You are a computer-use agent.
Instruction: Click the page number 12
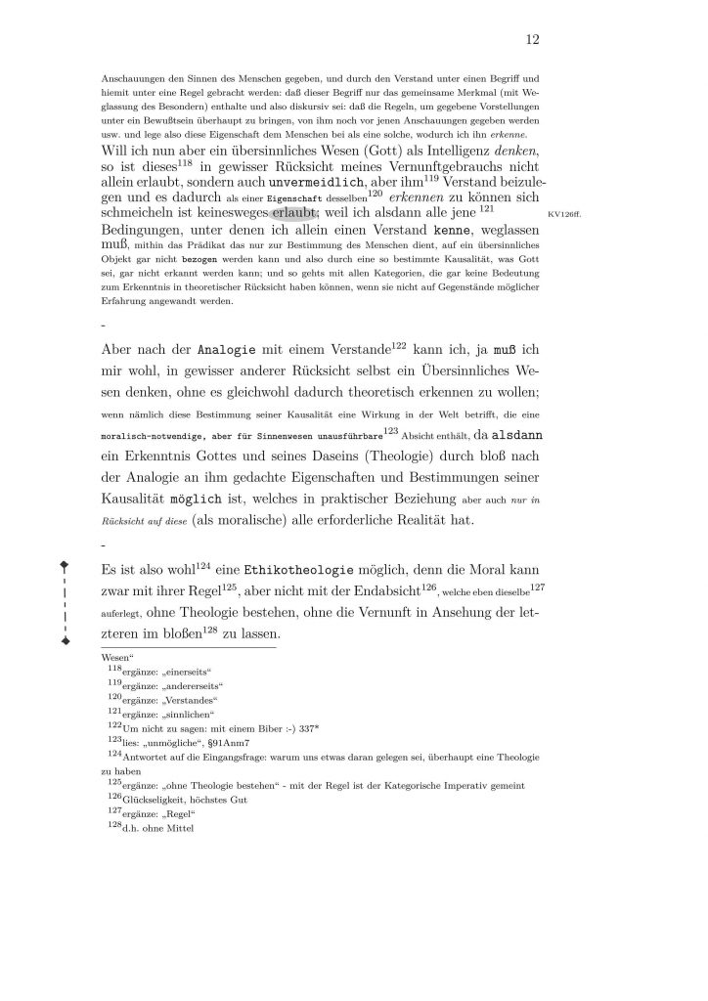tap(533, 40)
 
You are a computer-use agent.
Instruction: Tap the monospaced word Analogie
tap(231, 349)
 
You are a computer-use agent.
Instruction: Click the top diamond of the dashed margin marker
tap(65, 564)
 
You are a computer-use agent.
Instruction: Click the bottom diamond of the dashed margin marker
tap(65, 641)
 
